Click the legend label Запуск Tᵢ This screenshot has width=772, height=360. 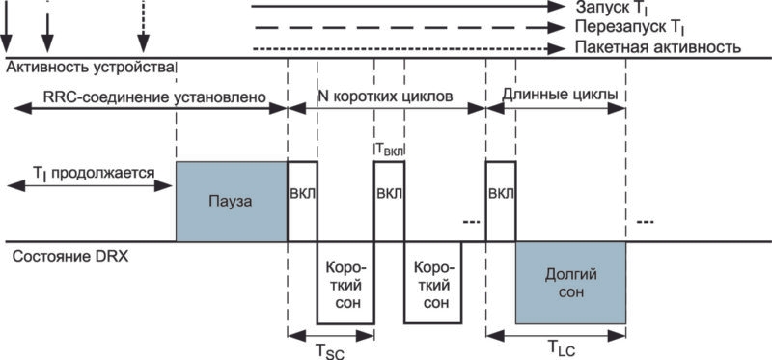click(615, 8)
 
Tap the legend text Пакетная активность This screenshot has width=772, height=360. click(658, 47)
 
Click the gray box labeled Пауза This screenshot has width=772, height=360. click(232, 202)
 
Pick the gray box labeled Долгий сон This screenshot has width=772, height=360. click(570, 283)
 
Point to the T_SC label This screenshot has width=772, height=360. click(330, 351)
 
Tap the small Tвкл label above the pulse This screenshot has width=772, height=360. click(389, 149)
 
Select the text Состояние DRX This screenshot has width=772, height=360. click(70, 257)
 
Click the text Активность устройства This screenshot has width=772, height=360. click(90, 68)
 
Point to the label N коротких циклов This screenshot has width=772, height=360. click(385, 97)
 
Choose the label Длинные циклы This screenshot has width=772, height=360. click(560, 94)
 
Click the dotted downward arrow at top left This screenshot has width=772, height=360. click(143, 26)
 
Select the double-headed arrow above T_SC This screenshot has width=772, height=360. click(330, 336)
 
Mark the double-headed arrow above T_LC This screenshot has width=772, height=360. click(556, 335)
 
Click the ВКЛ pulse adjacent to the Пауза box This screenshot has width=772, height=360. click(302, 202)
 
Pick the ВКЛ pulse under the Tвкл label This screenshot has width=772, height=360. click(389, 202)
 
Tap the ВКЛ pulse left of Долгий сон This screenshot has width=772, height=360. click(501, 202)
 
